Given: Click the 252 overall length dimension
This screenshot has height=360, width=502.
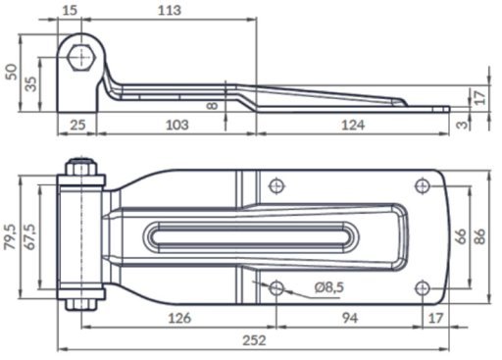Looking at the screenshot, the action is point(254,340).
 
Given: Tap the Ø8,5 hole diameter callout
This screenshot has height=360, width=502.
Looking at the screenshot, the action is point(329,287).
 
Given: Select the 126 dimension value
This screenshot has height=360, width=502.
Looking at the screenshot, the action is point(179,318).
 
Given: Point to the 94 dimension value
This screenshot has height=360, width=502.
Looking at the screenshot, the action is point(350,318).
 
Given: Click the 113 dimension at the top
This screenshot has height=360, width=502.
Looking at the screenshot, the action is point(170,10).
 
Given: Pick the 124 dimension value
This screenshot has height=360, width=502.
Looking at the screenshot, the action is point(353,125).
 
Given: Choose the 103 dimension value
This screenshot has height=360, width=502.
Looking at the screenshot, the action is point(177,125).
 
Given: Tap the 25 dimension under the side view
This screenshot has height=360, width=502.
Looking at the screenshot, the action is point(77,125).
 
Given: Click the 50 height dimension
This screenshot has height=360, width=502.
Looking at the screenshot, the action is point(11,72).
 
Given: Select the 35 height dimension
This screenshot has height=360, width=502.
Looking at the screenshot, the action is point(31,83).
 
